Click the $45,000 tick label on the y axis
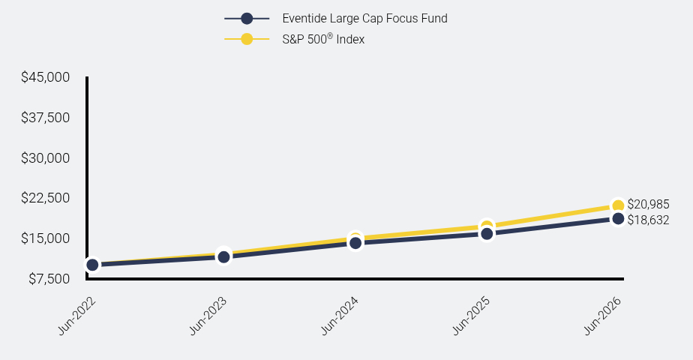pyautogui.click(x=46, y=77)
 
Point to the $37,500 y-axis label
pyautogui.click(x=46, y=118)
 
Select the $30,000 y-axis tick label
pyautogui.click(x=46, y=158)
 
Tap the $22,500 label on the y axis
pyautogui.click(x=46, y=198)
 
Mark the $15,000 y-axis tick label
pyautogui.click(x=46, y=238)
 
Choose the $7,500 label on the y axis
pyautogui.click(x=49, y=279)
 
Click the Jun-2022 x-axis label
pyautogui.click(x=77, y=316)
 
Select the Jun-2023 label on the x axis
pyautogui.click(x=208, y=316)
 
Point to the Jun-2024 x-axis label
pyautogui.click(x=340, y=316)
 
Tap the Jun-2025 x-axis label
pyautogui.click(x=471, y=316)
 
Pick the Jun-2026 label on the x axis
pyautogui.click(x=603, y=316)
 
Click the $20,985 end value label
pyautogui.click(x=648, y=205)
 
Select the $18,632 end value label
pyautogui.click(x=648, y=220)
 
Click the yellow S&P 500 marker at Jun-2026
pyautogui.click(x=618, y=205)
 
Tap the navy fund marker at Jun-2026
pyautogui.click(x=618, y=218)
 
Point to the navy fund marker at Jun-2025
pyautogui.click(x=487, y=234)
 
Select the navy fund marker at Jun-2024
pyautogui.click(x=355, y=242)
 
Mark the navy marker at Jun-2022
pyautogui.click(x=92, y=265)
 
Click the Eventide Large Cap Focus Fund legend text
pyautogui.click(x=364, y=19)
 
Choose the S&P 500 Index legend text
pyautogui.click(x=323, y=39)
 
